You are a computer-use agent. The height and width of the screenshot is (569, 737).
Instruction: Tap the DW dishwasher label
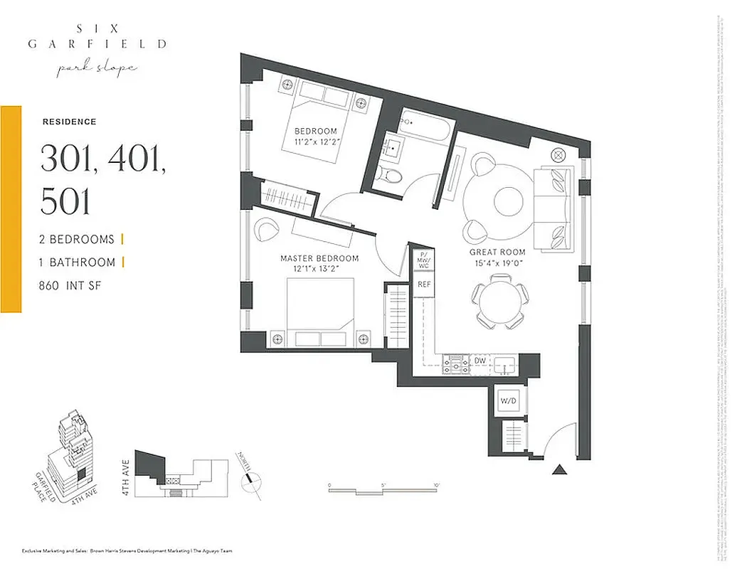tap(481, 361)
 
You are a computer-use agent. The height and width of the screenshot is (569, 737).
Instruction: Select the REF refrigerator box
tap(425, 284)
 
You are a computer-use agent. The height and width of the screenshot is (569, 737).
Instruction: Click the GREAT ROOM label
tap(497, 252)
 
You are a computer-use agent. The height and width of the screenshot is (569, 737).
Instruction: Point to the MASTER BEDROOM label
tap(319, 258)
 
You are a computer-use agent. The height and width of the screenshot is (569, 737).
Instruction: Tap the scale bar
tap(384, 491)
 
